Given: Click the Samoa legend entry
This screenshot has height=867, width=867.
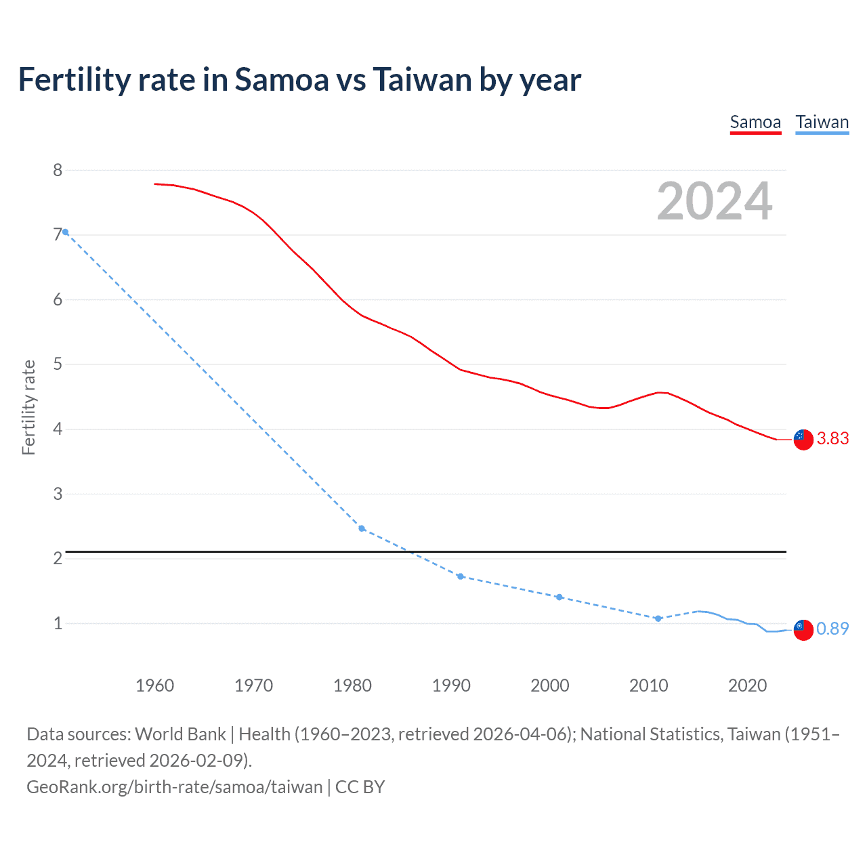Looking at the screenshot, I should tap(755, 122).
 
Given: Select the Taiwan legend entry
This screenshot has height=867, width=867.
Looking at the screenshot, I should tap(822, 122).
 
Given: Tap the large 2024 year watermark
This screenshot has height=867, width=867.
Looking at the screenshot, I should tap(715, 201).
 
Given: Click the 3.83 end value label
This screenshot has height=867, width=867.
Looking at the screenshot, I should tap(832, 439).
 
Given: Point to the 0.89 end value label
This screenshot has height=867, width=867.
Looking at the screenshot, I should tap(832, 629).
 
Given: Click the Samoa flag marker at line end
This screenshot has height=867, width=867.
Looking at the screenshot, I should tap(803, 440).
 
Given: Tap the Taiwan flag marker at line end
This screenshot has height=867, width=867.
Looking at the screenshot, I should tap(803, 629).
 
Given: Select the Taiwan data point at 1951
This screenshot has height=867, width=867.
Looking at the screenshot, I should tap(65, 232).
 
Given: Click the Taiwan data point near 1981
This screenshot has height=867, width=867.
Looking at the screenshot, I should tap(362, 528).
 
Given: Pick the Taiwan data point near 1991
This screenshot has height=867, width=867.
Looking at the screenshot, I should tap(461, 576).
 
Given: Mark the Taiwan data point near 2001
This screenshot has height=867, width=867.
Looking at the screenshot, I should tap(559, 597).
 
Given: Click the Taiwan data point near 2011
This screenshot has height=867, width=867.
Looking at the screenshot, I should tap(658, 618).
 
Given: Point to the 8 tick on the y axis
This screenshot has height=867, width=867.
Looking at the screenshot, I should tap(58, 170).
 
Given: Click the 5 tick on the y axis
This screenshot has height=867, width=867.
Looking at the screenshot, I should tap(58, 364).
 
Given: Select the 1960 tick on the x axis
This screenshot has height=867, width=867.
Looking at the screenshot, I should tap(154, 685).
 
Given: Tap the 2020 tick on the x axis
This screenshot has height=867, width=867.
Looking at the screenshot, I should tap(747, 685).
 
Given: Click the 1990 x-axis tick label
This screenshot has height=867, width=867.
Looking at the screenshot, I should tap(451, 685).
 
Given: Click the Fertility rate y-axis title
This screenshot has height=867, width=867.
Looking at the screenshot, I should tap(28, 407).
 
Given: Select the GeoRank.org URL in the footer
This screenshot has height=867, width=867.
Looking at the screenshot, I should tap(175, 787).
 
